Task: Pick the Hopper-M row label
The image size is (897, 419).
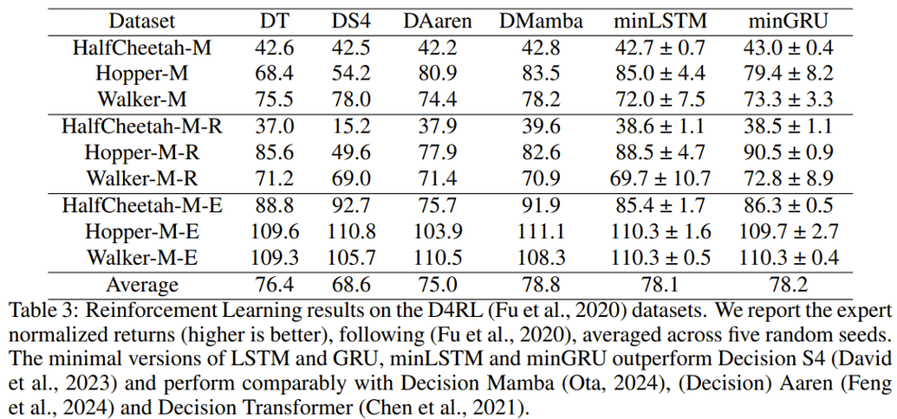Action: pos(142,74)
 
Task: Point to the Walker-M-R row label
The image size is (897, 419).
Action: pos(142,179)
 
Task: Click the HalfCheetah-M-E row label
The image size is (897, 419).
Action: pos(142,206)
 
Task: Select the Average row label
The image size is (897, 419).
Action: pos(142,284)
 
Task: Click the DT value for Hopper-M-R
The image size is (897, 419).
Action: pos(274,153)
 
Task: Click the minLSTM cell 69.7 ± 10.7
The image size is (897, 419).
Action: pos(660,179)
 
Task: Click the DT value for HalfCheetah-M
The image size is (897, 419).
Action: pos(274,48)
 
